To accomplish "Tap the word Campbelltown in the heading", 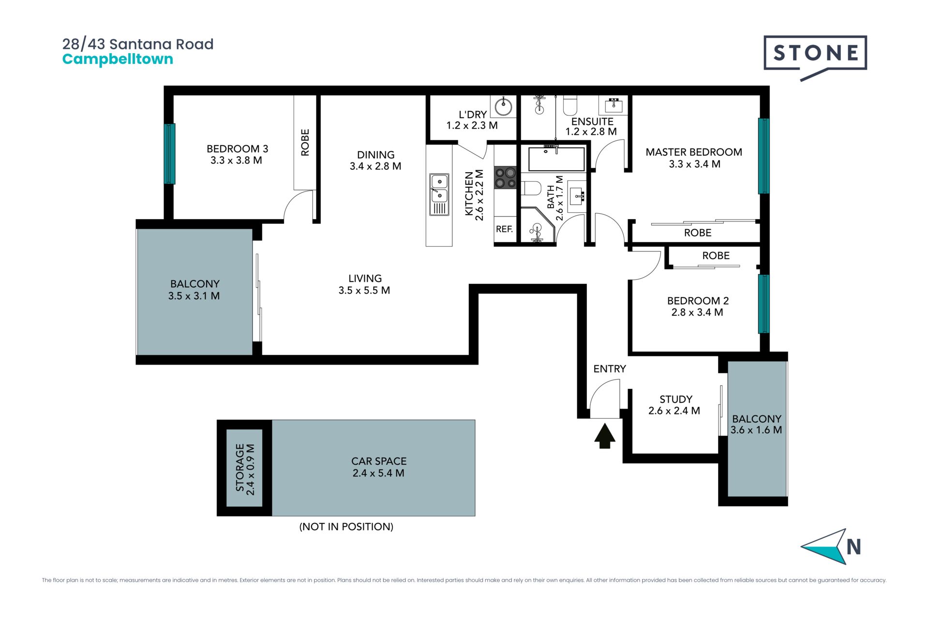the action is click(118, 59).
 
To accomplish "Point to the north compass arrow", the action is click(824, 546).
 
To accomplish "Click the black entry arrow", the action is click(605, 436).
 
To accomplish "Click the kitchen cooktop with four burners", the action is click(505, 177).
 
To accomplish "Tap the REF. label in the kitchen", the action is click(504, 229).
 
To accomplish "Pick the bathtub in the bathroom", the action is click(556, 159).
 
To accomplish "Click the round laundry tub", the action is click(504, 106).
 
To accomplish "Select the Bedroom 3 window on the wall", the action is click(169, 154).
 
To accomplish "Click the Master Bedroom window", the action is click(764, 156).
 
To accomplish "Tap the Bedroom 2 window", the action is click(764, 304).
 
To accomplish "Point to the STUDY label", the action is click(675, 399).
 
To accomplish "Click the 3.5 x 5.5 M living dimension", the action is click(364, 291).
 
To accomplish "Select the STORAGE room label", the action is click(240, 468).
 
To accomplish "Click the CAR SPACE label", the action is click(379, 461).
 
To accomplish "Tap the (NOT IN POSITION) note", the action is click(346, 527).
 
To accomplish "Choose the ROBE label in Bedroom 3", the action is click(305, 142).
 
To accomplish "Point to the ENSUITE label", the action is click(592, 122).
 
